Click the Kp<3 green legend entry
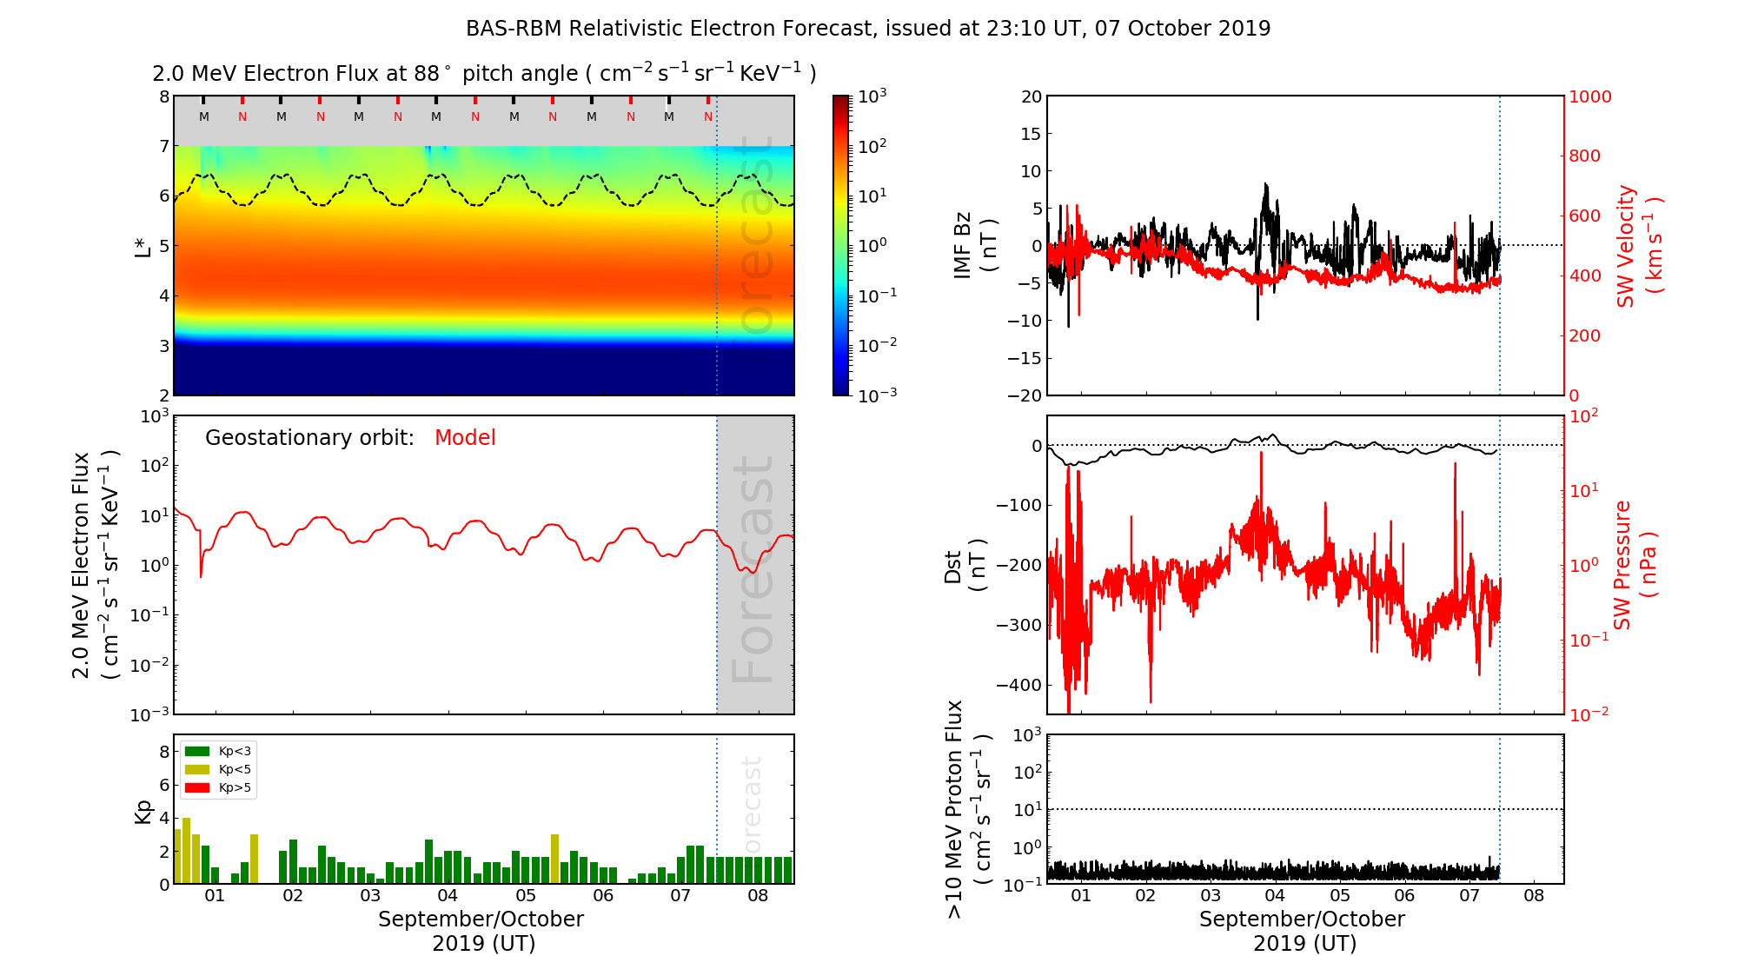(217, 751)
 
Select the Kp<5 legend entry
(217, 769)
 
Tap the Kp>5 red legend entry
(217, 788)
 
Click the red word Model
(465, 438)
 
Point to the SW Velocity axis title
(1638, 246)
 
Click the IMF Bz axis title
(974, 246)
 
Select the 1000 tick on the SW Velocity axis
(1589, 96)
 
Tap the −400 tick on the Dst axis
(1018, 685)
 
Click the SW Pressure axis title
(1635, 565)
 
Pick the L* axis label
(143, 246)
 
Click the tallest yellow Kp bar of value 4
(186, 850)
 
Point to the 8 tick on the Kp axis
(164, 752)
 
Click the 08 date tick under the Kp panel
(758, 896)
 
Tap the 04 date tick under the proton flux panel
(1275, 896)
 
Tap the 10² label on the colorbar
(872, 146)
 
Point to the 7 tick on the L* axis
(164, 146)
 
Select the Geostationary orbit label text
(309, 438)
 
